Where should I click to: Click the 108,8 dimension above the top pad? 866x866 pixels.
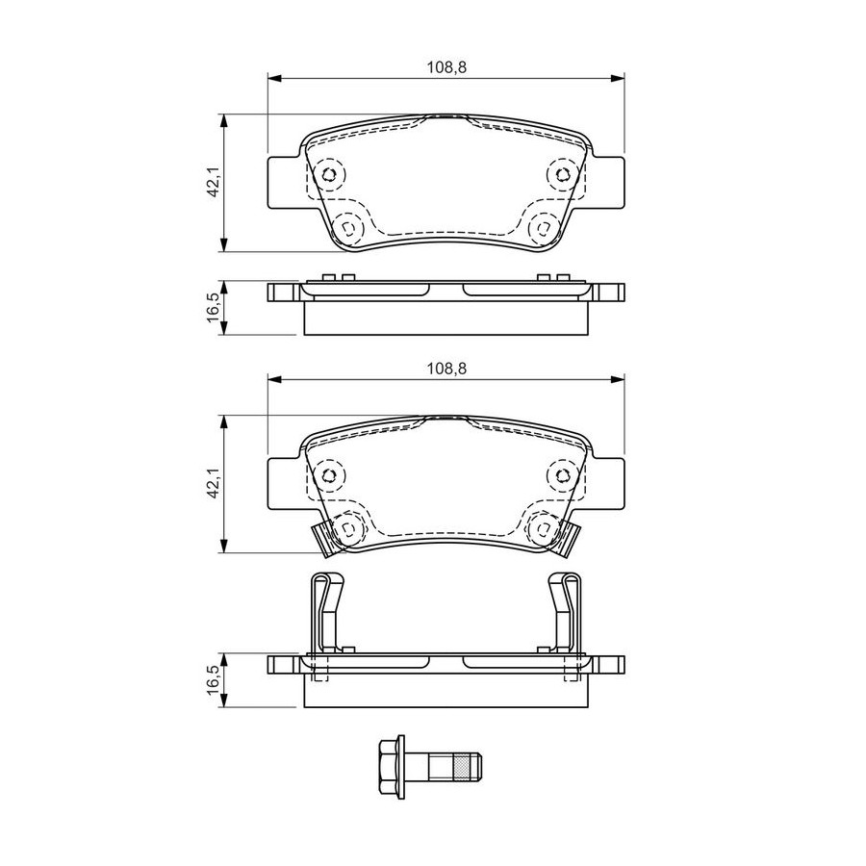(446, 67)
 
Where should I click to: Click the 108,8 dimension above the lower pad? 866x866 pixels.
(446, 369)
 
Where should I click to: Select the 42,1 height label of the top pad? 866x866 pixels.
(215, 183)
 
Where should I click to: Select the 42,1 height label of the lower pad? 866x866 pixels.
(215, 484)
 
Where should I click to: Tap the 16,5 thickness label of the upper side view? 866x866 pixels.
(215, 308)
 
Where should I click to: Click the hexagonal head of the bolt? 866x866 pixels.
(391, 766)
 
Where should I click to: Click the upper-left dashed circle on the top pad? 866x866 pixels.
(329, 175)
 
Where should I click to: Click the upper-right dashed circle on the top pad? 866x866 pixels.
(563, 175)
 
